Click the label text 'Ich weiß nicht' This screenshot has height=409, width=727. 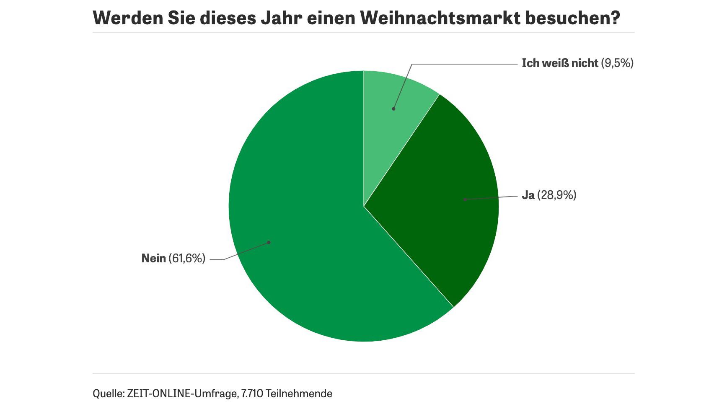559,63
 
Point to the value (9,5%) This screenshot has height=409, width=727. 617,63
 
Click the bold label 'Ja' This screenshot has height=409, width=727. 528,195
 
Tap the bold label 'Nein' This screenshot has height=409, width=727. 153,259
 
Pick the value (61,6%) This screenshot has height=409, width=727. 187,259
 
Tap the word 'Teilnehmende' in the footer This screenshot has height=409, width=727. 299,394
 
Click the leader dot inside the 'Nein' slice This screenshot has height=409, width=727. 269,242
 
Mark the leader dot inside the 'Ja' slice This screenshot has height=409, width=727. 465,199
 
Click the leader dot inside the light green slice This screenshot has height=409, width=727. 393,109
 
